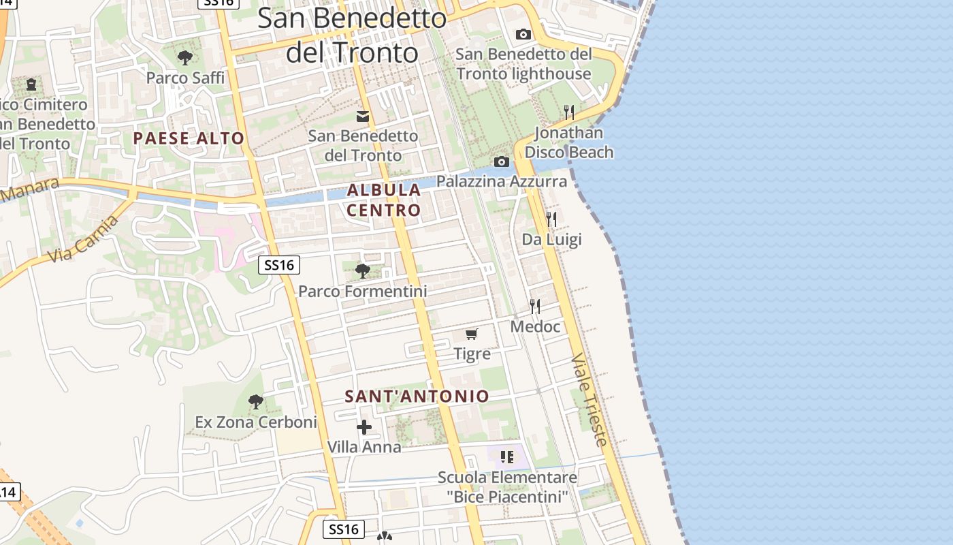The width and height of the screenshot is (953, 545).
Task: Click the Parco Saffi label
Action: pos(185,78)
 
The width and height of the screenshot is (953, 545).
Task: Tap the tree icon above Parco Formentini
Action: pos(363,271)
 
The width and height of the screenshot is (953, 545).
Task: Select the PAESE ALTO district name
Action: pos(189,138)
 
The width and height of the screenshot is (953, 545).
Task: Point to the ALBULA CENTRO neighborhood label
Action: pos(384,200)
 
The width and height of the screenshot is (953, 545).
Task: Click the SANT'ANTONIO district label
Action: pos(417,396)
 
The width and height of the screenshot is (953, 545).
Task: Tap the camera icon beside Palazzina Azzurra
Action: pos(502,161)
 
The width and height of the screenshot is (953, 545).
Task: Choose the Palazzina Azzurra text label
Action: pos(502,181)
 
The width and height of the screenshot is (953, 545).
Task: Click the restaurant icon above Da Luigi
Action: pos(551,219)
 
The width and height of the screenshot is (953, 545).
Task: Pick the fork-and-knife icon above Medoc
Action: pos(535,307)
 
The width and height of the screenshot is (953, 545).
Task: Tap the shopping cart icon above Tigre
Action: pos(472,334)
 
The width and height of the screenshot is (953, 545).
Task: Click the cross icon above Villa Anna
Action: pos(364,427)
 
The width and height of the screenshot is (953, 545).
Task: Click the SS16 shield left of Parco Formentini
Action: pos(279,265)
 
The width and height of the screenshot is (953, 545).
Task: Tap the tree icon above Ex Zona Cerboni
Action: pos(255,402)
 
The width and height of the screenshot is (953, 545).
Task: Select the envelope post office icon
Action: pos(363,116)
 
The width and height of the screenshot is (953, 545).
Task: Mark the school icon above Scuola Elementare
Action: pos(506,456)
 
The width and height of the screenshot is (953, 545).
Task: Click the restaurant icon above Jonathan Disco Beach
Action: pos(569,112)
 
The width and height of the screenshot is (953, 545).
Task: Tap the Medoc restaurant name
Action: pos(536,327)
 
